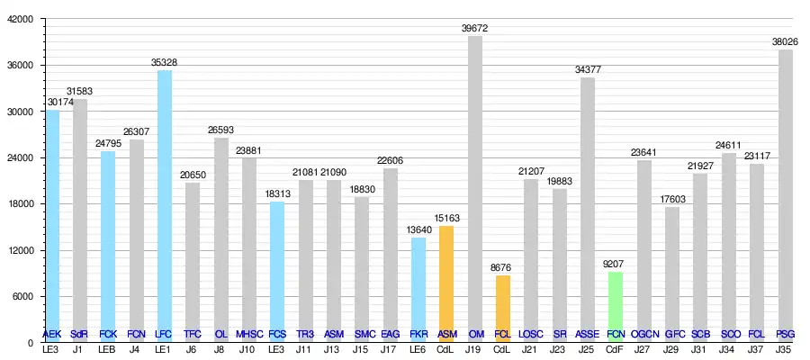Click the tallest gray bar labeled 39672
(474, 189)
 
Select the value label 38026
(785, 41)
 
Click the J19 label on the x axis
(474, 349)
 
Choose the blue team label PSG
(785, 334)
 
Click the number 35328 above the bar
(164, 62)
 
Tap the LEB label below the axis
(107, 349)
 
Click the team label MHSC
(249, 334)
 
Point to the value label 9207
(616, 265)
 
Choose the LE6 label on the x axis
(418, 349)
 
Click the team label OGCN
(643, 334)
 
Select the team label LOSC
(531, 334)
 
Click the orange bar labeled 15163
(446, 283)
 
